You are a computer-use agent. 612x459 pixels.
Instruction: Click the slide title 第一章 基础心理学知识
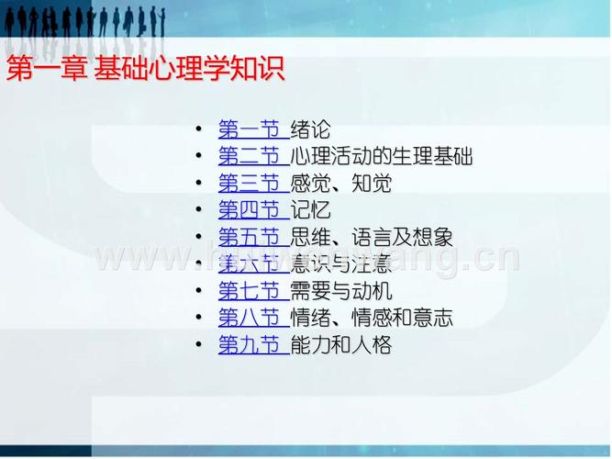pyautogui.click(x=146, y=69)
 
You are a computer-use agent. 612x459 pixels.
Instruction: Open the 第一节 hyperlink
pyautogui.click(x=249, y=129)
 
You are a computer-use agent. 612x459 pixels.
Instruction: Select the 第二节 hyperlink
pyautogui.click(x=249, y=156)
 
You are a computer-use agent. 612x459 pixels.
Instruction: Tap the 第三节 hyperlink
pyautogui.click(x=249, y=184)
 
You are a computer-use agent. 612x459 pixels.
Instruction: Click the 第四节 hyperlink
pyautogui.click(x=249, y=210)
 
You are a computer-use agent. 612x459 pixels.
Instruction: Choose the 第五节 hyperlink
pyautogui.click(x=249, y=238)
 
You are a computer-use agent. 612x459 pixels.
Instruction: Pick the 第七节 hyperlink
pyautogui.click(x=249, y=292)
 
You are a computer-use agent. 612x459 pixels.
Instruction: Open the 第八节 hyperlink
pyautogui.click(x=249, y=319)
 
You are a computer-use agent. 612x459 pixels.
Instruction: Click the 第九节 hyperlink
pyautogui.click(x=249, y=346)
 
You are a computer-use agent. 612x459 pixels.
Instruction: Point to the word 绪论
pyautogui.click(x=309, y=129)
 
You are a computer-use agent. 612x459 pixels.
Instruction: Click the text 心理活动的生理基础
pyautogui.click(x=381, y=156)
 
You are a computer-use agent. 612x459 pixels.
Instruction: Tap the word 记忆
pyautogui.click(x=309, y=210)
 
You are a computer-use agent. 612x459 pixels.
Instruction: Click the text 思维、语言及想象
pyautogui.click(x=371, y=238)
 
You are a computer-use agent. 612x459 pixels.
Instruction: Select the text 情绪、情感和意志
pyautogui.click(x=371, y=319)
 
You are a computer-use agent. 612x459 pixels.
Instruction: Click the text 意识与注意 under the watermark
pyautogui.click(x=340, y=265)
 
